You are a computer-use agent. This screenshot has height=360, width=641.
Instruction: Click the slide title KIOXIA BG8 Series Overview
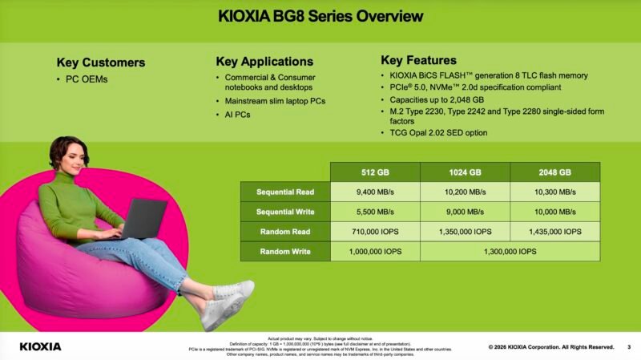coord(320,16)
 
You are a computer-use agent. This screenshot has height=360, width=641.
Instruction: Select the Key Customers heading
coord(101,63)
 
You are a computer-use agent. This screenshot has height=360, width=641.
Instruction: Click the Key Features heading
coord(418,60)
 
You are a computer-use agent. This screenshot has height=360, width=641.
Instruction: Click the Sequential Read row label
coord(285,192)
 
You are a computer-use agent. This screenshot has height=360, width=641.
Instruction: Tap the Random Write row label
coord(285,252)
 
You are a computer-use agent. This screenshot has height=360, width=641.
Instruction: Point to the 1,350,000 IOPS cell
coord(465,232)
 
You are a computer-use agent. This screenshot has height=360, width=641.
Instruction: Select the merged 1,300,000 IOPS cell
coord(510,252)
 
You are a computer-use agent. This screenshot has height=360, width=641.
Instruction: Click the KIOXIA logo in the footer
coord(40,346)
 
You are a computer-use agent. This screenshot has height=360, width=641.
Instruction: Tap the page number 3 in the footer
coord(629,346)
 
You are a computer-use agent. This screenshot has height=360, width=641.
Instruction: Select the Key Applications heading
coord(264,62)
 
